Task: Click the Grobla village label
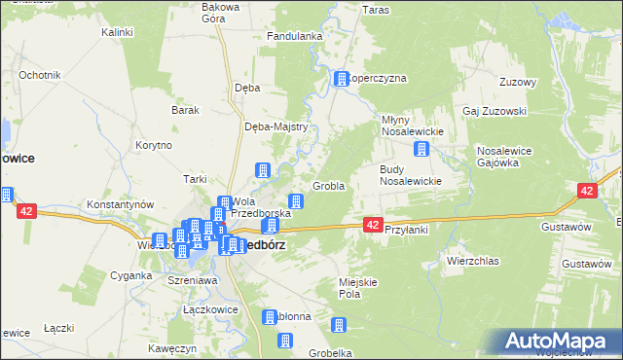(328, 186)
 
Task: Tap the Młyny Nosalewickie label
(411, 126)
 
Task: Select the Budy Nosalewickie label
(411, 174)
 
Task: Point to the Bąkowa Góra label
(220, 12)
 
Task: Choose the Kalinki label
(117, 32)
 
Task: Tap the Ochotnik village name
(40, 75)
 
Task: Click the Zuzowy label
(518, 82)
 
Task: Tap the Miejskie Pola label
(357, 287)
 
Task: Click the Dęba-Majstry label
(276, 126)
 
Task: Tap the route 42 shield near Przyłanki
(373, 225)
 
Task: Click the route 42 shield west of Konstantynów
(26, 210)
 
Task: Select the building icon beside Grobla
(296, 202)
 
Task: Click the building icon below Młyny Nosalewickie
(421, 149)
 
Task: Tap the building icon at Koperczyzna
(342, 79)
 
